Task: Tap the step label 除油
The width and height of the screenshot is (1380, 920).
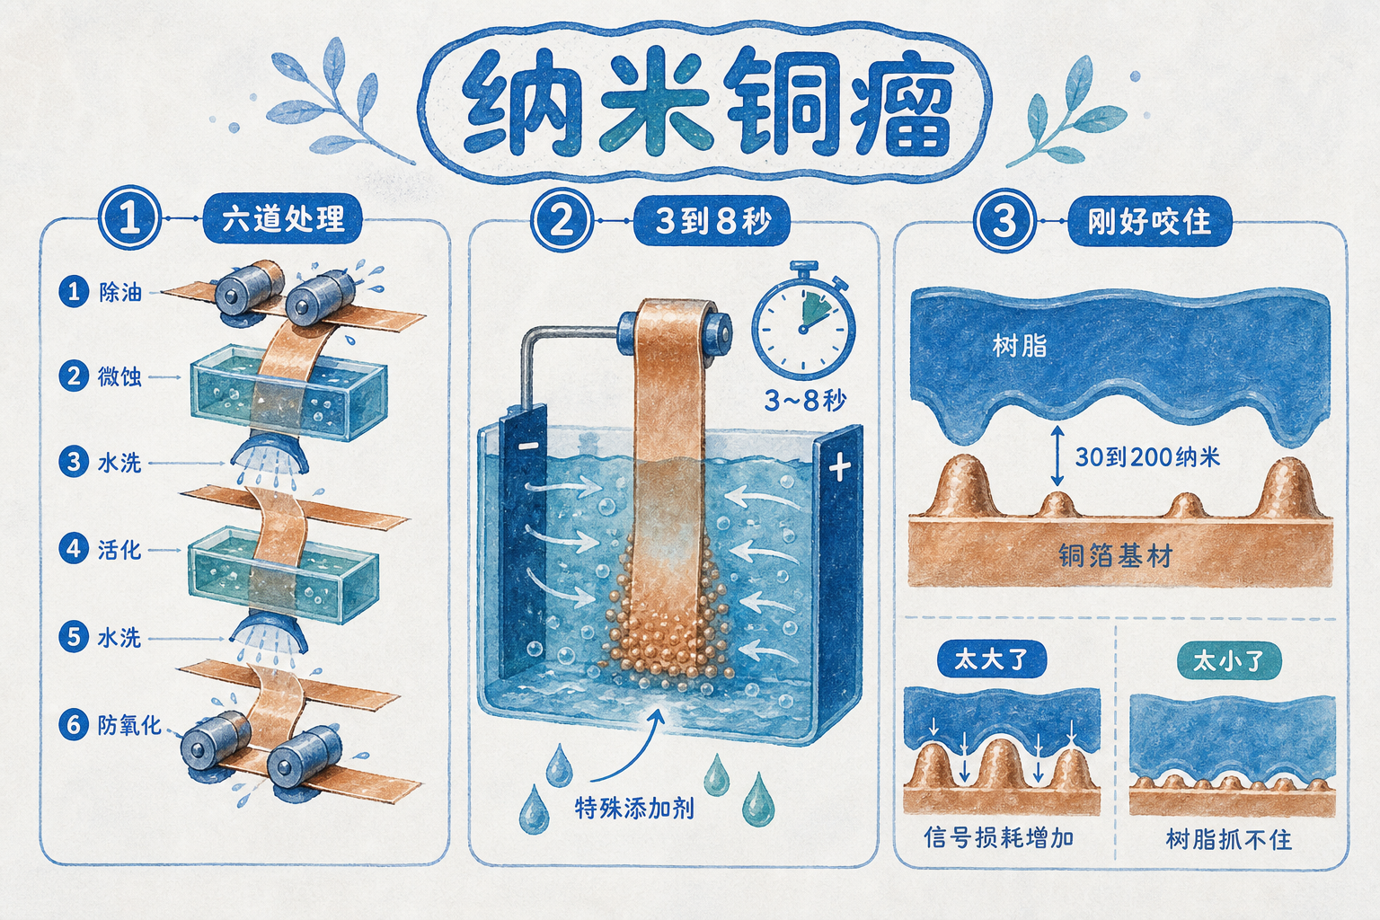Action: coord(120,291)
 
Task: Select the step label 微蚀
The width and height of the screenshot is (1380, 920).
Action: coord(119,376)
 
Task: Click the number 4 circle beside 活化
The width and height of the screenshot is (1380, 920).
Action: coord(74,549)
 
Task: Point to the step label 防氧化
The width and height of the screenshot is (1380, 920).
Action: coord(129,725)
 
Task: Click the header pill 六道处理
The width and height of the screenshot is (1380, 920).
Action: coord(282,218)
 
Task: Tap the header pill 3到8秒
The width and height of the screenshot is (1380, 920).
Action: coord(712,220)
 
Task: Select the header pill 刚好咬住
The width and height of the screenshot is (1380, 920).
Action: coord(1150,221)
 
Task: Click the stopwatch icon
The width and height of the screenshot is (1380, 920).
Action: coord(803,321)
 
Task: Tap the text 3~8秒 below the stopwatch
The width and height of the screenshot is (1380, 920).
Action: coord(806,401)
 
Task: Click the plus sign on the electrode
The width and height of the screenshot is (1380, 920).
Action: coord(839,468)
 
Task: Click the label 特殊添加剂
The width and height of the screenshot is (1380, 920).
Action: coord(634,808)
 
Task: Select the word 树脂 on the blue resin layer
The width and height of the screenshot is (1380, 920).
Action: coord(1020,345)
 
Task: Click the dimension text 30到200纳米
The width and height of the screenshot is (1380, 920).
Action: coord(1147,457)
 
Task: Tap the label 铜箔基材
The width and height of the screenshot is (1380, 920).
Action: coord(1116,555)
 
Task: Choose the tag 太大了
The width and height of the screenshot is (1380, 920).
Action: coord(991,659)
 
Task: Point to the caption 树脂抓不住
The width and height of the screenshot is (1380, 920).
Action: coord(1228,839)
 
